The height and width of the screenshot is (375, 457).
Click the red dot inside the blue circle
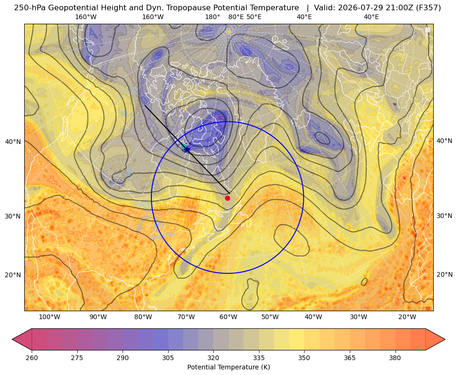[227, 198]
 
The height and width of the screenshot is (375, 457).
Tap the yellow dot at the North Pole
[228, 32]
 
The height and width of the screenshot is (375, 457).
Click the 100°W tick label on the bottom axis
[49, 317]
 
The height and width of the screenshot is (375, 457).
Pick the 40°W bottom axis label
[314, 317]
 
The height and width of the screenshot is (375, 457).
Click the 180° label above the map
[212, 17]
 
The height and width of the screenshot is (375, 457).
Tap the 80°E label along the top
[236, 17]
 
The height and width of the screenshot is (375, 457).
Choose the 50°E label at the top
[254, 17]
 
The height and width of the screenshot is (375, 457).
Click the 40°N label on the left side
[13, 142]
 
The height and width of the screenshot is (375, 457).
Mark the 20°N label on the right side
[444, 274]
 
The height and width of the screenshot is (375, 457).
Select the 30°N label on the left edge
[13, 216]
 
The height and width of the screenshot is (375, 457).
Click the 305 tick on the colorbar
[168, 357]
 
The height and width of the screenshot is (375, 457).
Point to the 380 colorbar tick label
[395, 357]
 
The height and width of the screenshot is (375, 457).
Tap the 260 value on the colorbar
[32, 357]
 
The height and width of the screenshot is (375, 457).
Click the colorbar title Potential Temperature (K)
[228, 367]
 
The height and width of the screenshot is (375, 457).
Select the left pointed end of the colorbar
[13, 339]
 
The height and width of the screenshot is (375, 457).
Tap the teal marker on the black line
[184, 146]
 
